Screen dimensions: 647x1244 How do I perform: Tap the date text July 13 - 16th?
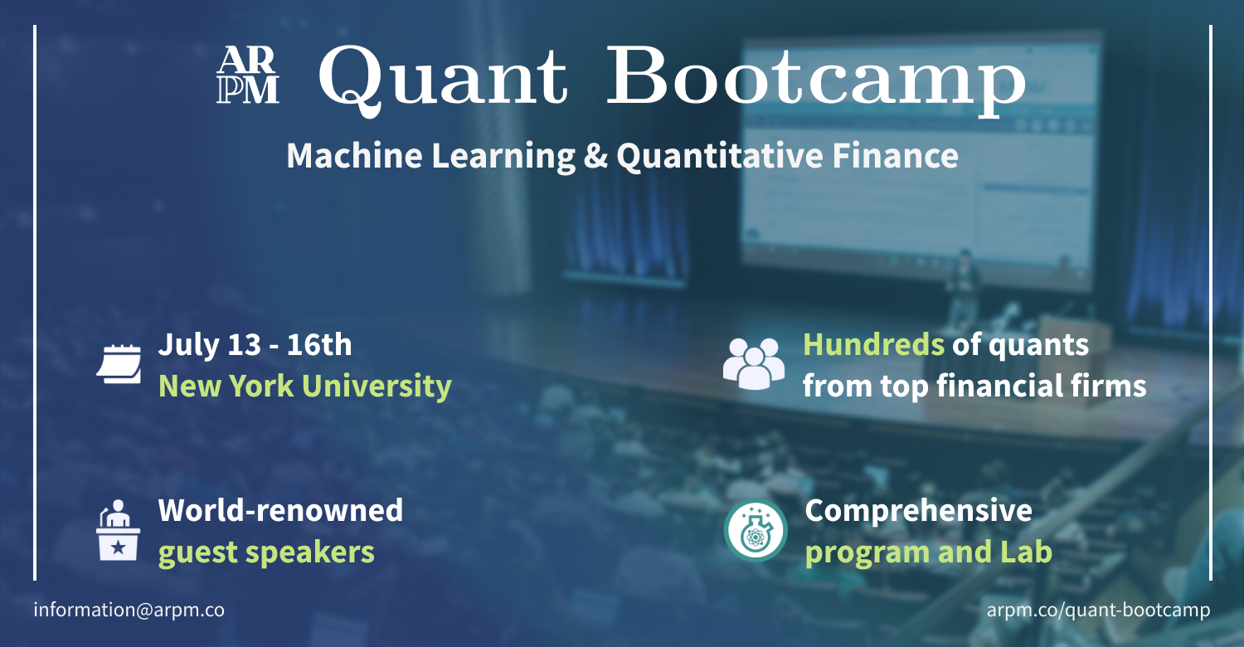click(x=255, y=344)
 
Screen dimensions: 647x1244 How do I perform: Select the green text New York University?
click(x=304, y=386)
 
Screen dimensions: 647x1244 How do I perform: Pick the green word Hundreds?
click(x=872, y=344)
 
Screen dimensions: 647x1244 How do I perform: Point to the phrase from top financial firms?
click(x=974, y=386)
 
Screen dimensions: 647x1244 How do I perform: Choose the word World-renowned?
click(x=280, y=509)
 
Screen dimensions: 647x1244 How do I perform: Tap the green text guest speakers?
click(x=266, y=552)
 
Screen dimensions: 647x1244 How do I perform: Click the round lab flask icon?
click(x=755, y=530)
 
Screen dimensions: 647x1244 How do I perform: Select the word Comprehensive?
click(x=918, y=510)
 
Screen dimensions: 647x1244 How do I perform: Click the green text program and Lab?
click(x=928, y=552)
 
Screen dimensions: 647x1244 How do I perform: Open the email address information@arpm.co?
click(x=129, y=610)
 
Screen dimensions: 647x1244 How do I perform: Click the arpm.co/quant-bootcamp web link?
click(x=1098, y=610)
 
